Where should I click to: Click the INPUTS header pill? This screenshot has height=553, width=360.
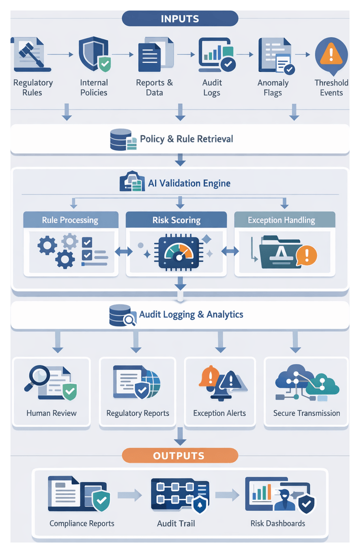click(x=180, y=19)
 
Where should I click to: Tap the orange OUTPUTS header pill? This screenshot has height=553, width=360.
click(x=180, y=456)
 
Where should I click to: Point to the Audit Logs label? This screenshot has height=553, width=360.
click(x=212, y=88)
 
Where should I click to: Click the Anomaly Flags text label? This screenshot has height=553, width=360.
click(x=273, y=88)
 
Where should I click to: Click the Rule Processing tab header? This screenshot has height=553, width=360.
click(x=70, y=220)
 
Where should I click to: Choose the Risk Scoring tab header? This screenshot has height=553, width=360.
click(x=176, y=220)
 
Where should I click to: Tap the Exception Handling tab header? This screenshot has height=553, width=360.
click(x=281, y=220)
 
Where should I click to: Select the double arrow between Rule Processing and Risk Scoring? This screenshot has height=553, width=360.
click(x=123, y=252)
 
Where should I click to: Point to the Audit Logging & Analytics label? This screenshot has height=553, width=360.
click(x=191, y=315)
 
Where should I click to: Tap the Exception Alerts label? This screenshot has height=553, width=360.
click(x=220, y=413)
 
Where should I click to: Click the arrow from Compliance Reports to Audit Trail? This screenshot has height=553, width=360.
click(x=129, y=494)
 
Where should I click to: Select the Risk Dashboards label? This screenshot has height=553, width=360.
click(x=278, y=523)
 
